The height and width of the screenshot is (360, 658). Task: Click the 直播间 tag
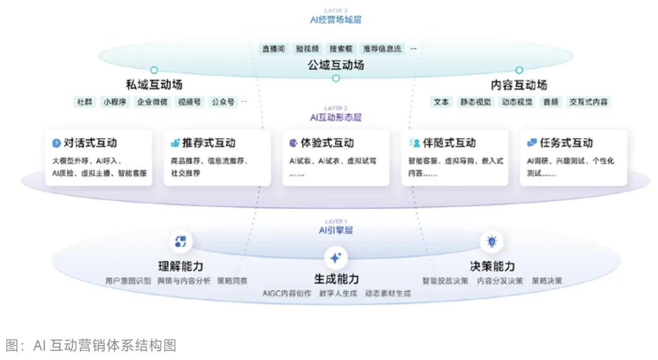pos(274,49)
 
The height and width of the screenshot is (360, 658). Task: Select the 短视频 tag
pos(308,49)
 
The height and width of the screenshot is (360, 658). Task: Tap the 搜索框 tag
pos(341,49)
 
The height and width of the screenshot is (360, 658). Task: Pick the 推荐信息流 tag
pos(382,49)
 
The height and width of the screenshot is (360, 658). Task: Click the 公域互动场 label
pos(336,64)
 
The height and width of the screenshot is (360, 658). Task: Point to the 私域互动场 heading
pos(154,85)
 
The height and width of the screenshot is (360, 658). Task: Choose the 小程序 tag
pos(115,102)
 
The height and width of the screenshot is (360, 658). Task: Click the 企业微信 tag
pos(152,102)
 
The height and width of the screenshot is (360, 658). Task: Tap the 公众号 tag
pos(223,102)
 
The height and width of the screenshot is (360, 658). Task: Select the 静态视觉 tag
pos(475,102)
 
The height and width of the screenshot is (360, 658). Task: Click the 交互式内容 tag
pos(589,102)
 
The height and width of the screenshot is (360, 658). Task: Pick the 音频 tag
pos(551,102)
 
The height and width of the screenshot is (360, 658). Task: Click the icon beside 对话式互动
pos(57,143)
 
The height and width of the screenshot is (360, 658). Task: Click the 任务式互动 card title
pos(566,143)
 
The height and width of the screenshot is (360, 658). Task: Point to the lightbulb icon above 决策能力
pos(491,242)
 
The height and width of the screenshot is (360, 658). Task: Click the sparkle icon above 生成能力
pos(335,258)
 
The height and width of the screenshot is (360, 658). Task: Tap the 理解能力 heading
pos(180,267)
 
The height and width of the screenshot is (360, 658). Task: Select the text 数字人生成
pos(338,294)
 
